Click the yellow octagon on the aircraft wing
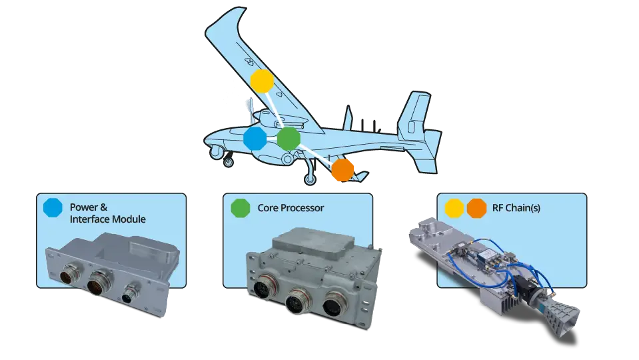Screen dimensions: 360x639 (x=262, y=81)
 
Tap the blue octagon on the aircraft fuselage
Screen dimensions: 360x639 (x=255, y=139)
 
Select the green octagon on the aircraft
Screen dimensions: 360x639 (x=288, y=139)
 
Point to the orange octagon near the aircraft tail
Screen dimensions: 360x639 (x=342, y=169)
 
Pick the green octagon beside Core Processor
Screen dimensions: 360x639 (x=240, y=207)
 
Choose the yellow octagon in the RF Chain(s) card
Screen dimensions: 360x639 (x=454, y=207)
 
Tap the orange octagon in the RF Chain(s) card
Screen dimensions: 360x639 (x=476, y=207)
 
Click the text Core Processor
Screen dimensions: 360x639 (x=291, y=208)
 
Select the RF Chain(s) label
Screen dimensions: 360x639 (x=517, y=208)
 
